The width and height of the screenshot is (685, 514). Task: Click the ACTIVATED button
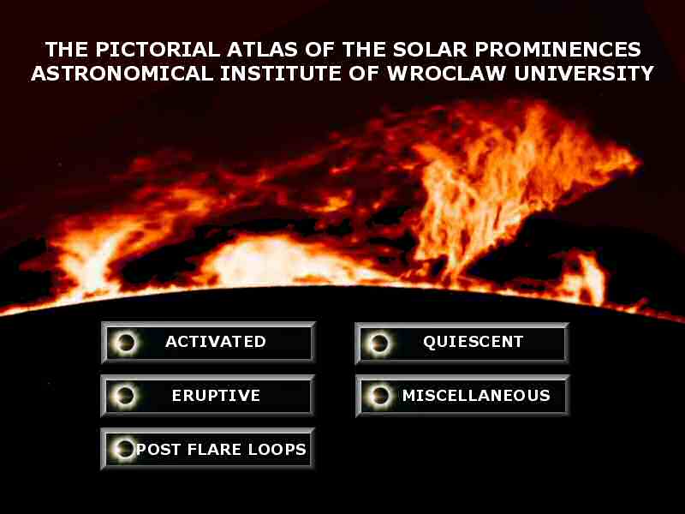point(208,342)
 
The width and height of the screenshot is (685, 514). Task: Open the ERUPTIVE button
point(207,396)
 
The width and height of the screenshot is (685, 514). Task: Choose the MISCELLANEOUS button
point(462,396)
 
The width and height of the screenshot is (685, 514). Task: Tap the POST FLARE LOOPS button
point(207,449)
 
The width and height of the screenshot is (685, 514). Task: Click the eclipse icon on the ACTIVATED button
point(126,342)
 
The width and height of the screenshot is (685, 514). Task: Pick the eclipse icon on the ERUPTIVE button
point(125,396)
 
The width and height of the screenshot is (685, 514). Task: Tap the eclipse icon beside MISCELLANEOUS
point(379,396)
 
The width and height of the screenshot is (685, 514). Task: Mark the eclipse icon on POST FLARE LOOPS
point(124,449)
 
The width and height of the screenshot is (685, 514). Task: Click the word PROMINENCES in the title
point(558,50)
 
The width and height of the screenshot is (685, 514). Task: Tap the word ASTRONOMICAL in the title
point(122,74)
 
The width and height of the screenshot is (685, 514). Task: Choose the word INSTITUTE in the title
point(281,74)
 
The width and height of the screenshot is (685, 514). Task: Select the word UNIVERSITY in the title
point(584,74)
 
